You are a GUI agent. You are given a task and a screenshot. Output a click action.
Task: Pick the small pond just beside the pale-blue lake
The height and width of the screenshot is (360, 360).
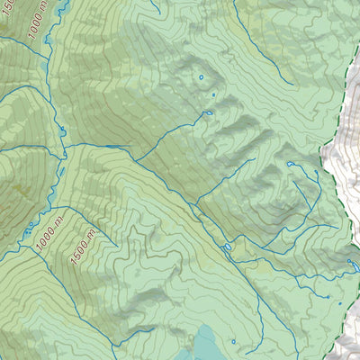233,341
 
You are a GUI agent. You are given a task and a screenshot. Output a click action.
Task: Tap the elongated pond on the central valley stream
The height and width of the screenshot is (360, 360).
226,246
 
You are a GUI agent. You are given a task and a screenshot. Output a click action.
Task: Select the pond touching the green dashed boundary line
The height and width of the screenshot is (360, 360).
349,262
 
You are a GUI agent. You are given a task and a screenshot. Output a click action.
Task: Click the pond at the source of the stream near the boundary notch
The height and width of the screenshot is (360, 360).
290,164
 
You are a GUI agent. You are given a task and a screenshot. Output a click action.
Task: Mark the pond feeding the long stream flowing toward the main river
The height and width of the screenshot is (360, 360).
207,113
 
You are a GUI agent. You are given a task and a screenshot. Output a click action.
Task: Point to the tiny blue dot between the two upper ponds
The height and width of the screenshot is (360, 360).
213,94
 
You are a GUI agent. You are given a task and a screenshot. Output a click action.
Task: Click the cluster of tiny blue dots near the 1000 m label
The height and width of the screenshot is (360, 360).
32,225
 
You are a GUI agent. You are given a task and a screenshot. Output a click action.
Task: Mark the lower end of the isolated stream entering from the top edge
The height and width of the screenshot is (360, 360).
158,13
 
